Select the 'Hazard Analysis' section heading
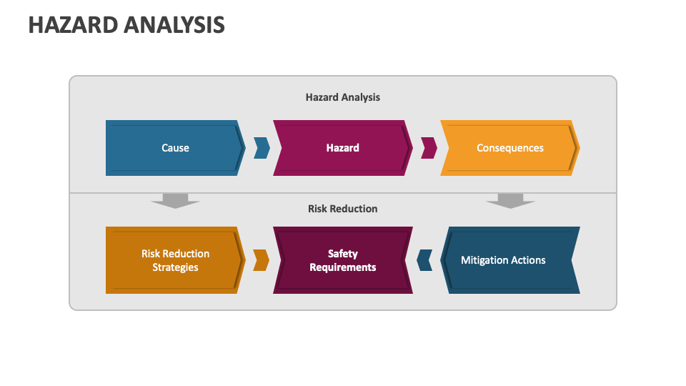(343, 97)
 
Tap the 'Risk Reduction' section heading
(343, 209)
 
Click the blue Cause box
(175, 148)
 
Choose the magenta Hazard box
(343, 148)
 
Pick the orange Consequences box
(509, 148)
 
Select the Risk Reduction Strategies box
(175, 260)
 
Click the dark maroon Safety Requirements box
(343, 260)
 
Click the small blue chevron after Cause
(262, 148)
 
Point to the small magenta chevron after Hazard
(429, 148)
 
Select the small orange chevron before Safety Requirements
(262, 260)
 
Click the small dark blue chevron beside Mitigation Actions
(424, 260)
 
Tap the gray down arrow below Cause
(175, 200)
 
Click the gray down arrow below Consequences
(510, 200)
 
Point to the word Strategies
(175, 267)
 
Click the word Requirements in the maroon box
(343, 267)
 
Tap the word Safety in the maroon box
(343, 254)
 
